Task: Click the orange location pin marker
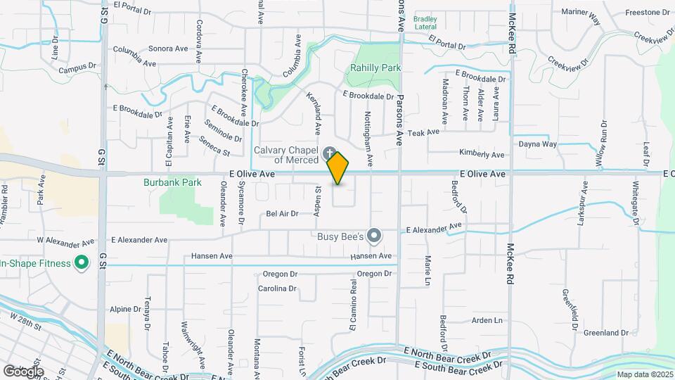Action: pyautogui.click(x=338, y=168)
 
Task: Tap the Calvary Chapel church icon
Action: pyautogui.click(x=329, y=153)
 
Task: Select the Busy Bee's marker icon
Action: pyautogui.click(x=375, y=236)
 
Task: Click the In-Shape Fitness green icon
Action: pyautogui.click(x=82, y=263)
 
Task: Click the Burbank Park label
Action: pyautogui.click(x=172, y=182)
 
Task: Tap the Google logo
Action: pyautogui.click(x=23, y=371)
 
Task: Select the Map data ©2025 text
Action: pyautogui.click(x=645, y=374)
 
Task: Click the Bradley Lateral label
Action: pyautogui.click(x=425, y=23)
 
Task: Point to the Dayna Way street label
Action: pyautogui.click(x=538, y=144)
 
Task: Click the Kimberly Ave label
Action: pyautogui.click(x=482, y=154)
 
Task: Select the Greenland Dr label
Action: pyautogui.click(x=605, y=333)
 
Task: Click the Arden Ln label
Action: pyautogui.click(x=487, y=320)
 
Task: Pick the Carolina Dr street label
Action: pyautogui.click(x=277, y=289)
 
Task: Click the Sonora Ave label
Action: pyautogui.click(x=169, y=49)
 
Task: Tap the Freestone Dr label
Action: pyautogui.click(x=647, y=12)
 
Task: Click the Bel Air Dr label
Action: pyautogui.click(x=282, y=213)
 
